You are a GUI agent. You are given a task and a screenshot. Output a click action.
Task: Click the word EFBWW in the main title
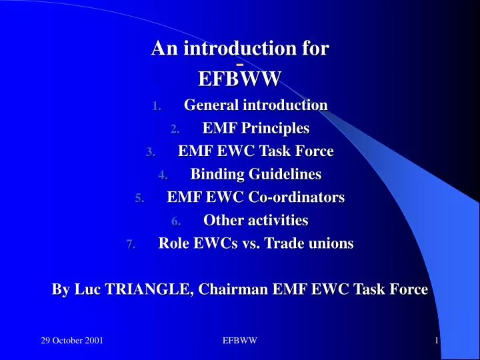(240, 79)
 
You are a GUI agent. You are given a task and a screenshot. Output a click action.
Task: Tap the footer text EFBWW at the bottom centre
(240, 341)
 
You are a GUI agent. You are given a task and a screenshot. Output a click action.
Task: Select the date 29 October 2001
(72, 341)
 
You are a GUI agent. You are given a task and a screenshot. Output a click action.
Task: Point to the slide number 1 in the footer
(436, 341)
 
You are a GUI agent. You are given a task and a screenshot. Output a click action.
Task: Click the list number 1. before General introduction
(156, 106)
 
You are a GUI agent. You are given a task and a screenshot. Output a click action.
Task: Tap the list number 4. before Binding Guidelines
(163, 175)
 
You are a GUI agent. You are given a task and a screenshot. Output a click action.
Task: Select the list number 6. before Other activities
(175, 221)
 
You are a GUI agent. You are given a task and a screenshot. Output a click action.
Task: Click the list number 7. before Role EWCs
(131, 245)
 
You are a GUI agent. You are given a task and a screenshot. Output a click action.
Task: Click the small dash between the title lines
(240, 64)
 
